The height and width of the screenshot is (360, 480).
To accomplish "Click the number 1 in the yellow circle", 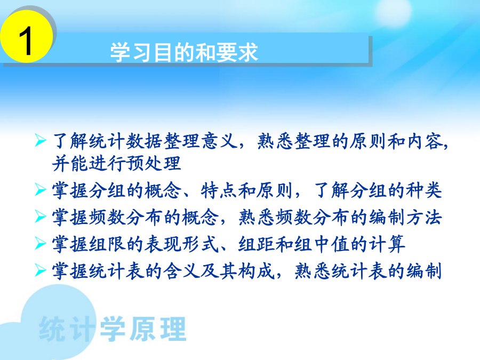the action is (26, 41).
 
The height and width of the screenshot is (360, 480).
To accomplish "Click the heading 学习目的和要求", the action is (184, 52).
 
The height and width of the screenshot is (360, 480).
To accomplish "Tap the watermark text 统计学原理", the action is (113, 329).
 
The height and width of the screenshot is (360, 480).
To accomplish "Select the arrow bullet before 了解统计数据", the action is (41, 140).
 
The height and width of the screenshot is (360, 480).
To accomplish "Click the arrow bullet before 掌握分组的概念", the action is (41, 189).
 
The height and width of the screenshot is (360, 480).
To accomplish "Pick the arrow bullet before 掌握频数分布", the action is (41, 217).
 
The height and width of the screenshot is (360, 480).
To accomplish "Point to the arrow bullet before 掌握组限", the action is (41, 243).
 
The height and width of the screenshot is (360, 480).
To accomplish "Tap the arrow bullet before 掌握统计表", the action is (41, 270).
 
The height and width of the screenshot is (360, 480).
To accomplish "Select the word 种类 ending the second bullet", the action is (423, 190).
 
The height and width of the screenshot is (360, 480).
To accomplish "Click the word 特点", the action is (219, 190).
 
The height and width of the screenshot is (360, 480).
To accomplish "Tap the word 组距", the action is (257, 244).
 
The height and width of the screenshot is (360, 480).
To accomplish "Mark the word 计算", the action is (387, 244).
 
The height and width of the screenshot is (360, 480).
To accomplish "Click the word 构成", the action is (257, 271).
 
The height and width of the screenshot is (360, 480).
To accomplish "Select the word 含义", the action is (182, 271).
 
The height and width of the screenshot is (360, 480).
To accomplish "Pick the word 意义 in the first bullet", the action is (219, 141).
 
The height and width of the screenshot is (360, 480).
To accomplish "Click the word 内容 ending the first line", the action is (425, 141).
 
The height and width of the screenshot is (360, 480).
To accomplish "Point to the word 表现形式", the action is (182, 244).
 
